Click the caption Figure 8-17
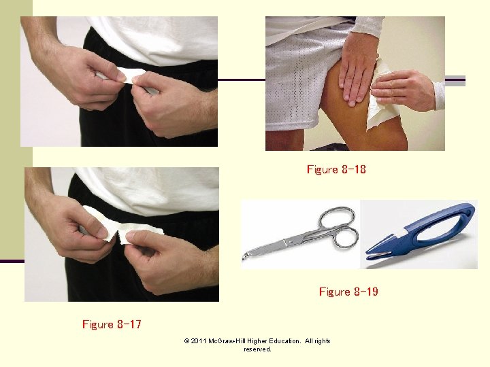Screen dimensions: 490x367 point(112,324)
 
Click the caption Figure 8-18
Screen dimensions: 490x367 point(336,169)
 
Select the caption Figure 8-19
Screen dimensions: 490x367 point(348,292)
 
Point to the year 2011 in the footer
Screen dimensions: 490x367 point(199,341)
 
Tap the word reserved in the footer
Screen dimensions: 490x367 point(257,349)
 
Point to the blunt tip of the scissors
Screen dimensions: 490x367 point(245,257)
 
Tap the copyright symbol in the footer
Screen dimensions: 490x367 point(186,341)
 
